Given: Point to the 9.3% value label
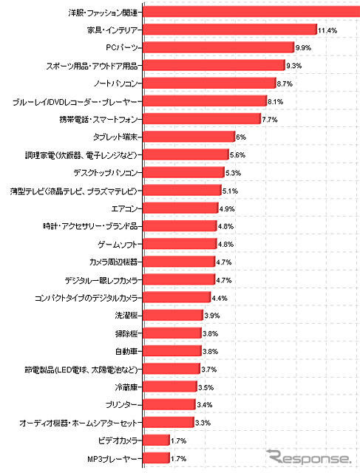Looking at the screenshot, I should tap(293, 66).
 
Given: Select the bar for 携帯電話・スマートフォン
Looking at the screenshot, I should tap(200, 118).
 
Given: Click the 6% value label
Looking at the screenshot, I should tap(240, 137).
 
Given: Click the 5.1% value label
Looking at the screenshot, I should tap(231, 191).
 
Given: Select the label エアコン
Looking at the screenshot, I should tap(122, 208).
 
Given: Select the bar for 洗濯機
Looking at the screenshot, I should tap(171, 315).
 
